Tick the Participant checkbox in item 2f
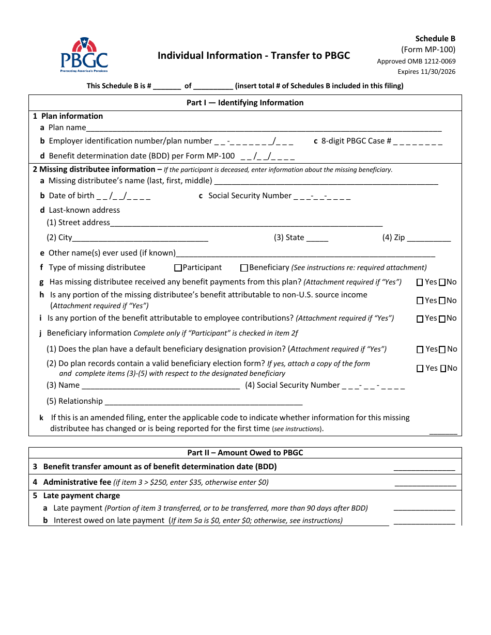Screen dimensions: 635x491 click(178, 268)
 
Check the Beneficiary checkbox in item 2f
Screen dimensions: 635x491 click(244, 268)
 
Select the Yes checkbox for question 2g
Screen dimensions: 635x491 click(420, 282)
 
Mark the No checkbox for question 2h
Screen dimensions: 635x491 click(442, 301)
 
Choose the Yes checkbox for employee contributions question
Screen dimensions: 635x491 click(420, 319)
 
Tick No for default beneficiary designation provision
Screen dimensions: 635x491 click(442, 350)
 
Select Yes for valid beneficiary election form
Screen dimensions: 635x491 click(420, 369)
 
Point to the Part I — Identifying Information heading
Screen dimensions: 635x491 click(245, 103)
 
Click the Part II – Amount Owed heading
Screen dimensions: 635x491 click(245, 453)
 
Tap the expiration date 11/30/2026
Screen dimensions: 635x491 click(426, 72)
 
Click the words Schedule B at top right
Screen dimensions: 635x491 click(435, 39)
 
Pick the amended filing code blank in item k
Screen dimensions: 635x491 click(443, 432)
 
